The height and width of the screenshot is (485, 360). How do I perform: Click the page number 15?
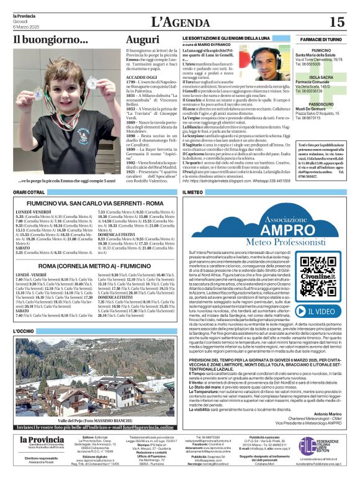coord(337,22)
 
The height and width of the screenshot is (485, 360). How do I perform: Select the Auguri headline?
coord(142,41)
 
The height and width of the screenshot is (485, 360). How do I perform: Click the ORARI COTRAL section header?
coord(29,193)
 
